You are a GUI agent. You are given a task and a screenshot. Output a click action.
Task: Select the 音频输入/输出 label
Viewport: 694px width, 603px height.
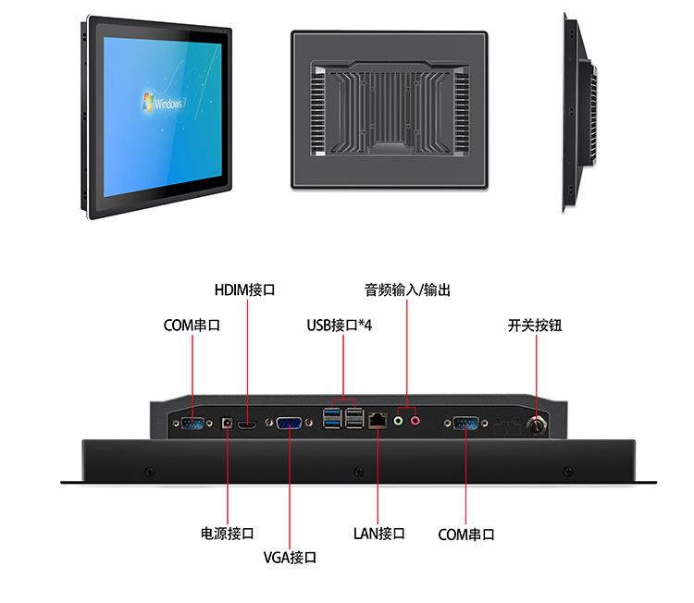click(407, 289)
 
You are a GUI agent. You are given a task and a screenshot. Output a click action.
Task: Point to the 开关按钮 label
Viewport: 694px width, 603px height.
click(535, 326)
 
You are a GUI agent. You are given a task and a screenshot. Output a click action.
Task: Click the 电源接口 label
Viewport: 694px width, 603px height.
click(228, 534)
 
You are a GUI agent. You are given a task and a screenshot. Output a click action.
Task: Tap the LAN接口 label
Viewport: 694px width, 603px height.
click(379, 534)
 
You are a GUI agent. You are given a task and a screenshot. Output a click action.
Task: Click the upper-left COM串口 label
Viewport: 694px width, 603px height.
click(192, 326)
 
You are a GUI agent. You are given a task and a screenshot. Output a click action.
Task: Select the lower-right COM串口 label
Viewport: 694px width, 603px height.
click(466, 535)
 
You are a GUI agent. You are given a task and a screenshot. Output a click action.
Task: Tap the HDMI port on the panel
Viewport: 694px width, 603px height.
click(247, 425)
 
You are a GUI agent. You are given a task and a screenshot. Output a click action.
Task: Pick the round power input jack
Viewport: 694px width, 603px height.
click(228, 424)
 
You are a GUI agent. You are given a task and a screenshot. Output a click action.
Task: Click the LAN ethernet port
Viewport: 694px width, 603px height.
click(378, 420)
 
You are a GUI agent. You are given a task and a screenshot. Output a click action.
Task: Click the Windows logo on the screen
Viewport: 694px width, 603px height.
click(147, 101)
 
